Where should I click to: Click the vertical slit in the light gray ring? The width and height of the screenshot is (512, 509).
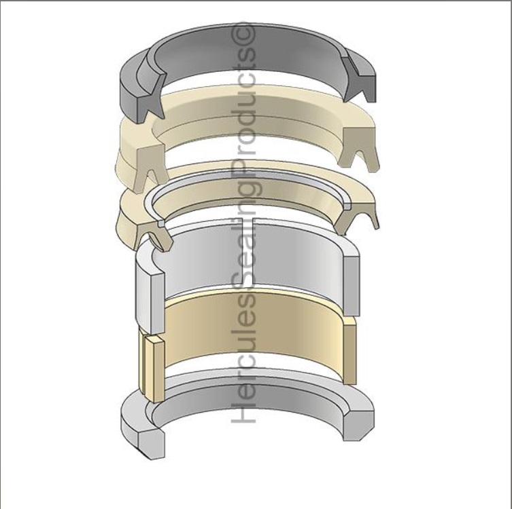[x=248, y=254]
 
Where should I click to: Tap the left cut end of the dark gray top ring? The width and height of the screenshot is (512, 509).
[x=151, y=98]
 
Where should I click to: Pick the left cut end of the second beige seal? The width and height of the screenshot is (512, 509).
[x=154, y=235]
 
